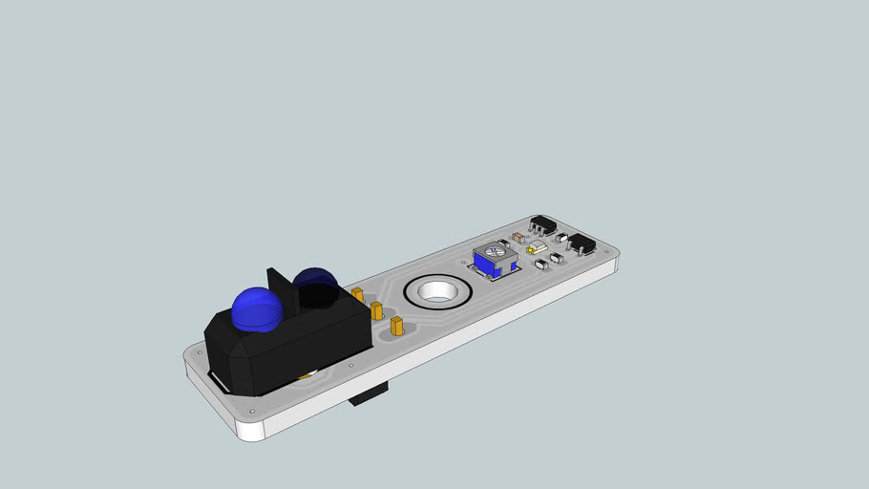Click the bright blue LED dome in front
click(256, 308)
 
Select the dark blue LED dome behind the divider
click(316, 283)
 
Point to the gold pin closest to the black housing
click(357, 294)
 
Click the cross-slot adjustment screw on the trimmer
click(493, 252)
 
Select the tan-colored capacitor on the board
click(519, 236)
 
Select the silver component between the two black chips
click(562, 238)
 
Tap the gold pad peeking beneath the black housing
click(305, 376)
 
